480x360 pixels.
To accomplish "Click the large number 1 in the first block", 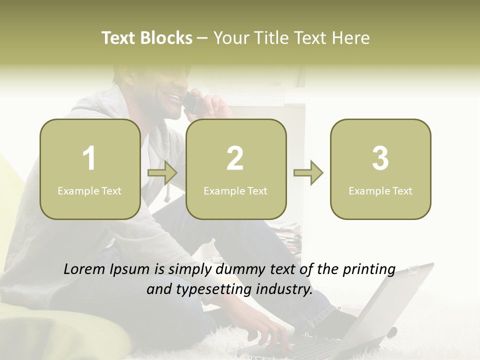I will [89, 158].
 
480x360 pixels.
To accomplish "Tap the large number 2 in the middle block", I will [235, 158].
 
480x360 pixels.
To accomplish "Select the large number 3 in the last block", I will [380, 158].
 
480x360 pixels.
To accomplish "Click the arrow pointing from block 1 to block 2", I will [162, 173].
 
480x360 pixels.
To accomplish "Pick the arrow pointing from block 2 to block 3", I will [308, 173].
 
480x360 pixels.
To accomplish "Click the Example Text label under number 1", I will [89, 190].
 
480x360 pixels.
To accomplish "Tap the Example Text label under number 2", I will [235, 190].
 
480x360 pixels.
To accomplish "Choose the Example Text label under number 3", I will [380, 190].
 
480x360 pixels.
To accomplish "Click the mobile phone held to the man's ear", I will [191, 102].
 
